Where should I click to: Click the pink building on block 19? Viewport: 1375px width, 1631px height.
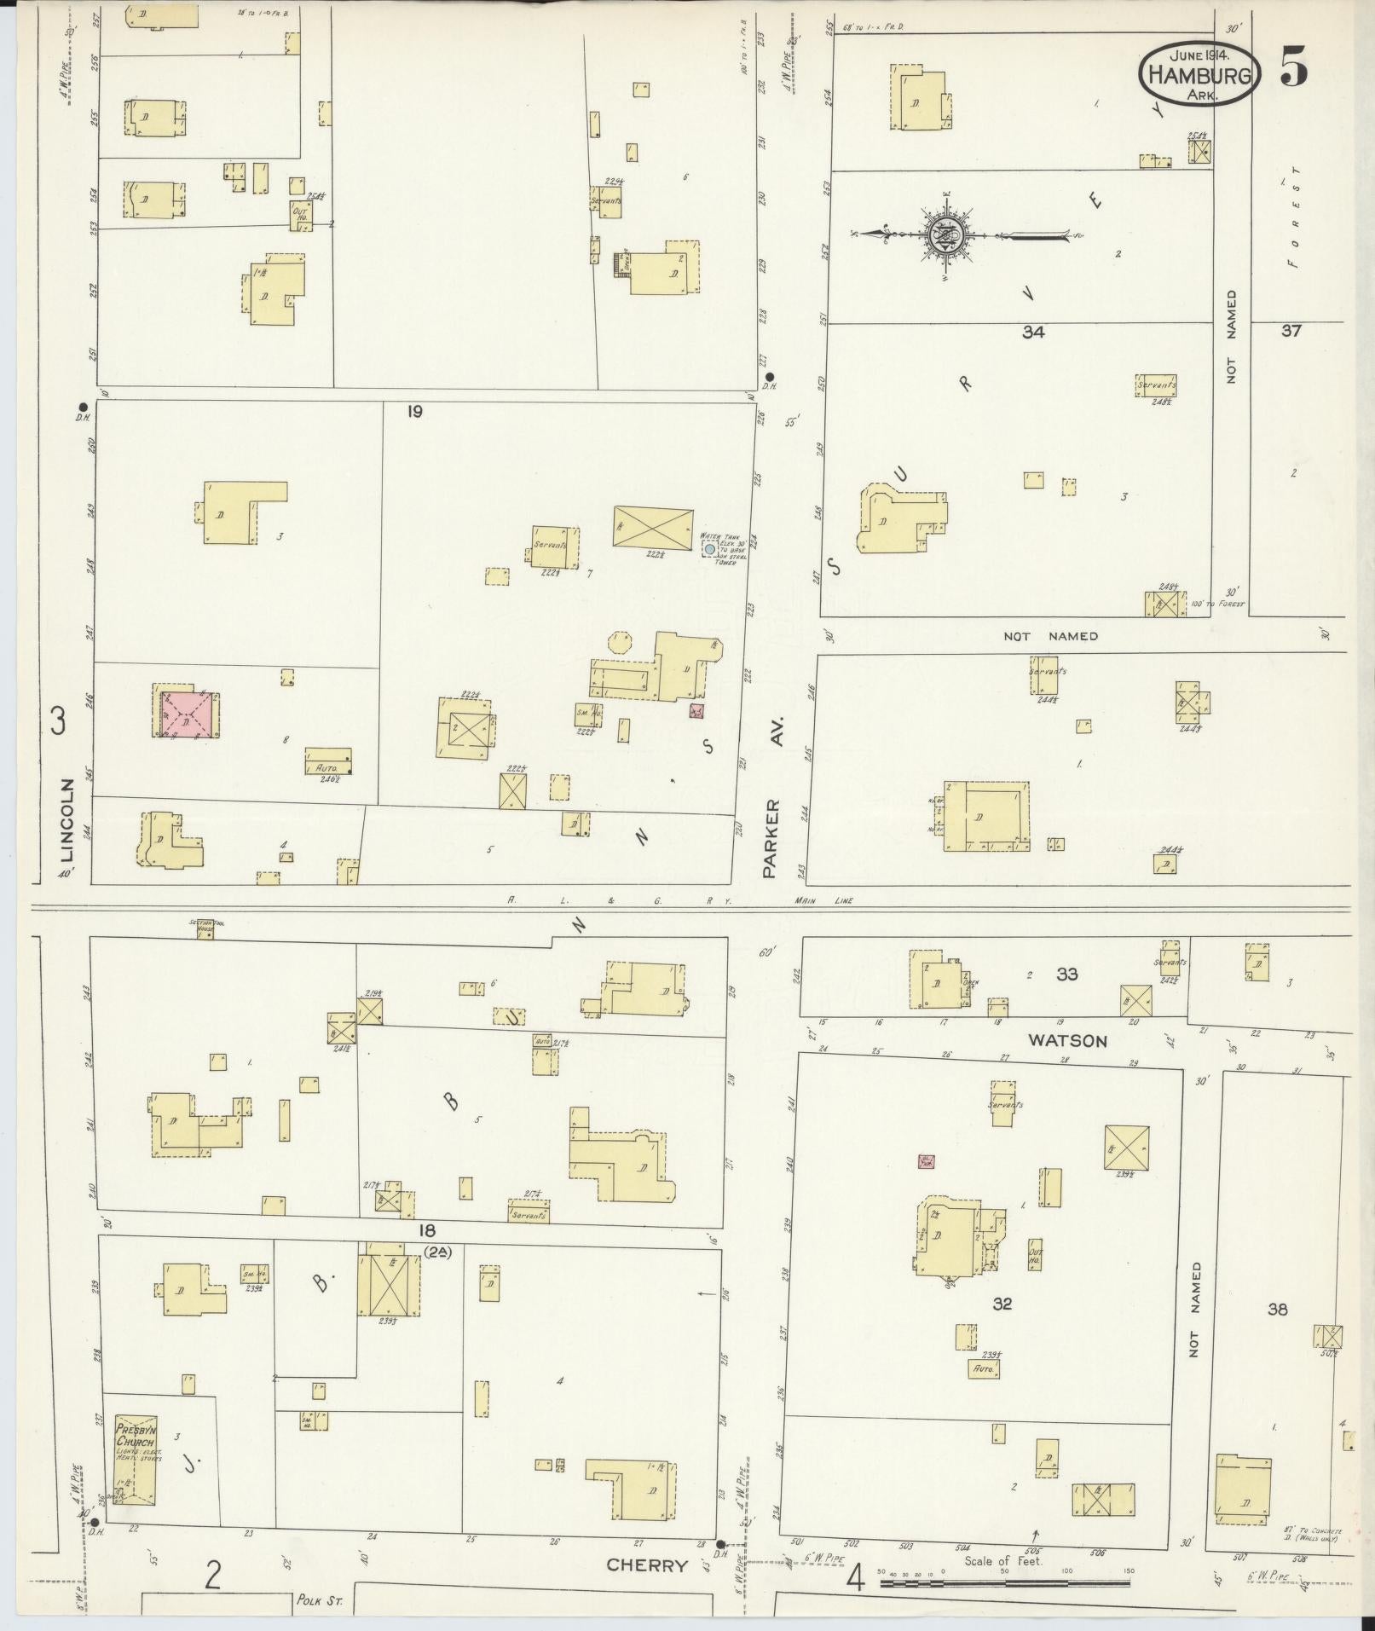(x=188, y=714)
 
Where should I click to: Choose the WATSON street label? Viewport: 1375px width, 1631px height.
(x=1066, y=1040)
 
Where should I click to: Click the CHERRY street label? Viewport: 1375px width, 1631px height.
(x=646, y=1565)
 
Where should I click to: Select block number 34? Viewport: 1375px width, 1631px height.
(x=1033, y=333)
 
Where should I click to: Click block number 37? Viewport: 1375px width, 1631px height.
(x=1291, y=331)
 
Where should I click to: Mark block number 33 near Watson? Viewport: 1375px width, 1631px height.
(x=1067, y=975)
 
